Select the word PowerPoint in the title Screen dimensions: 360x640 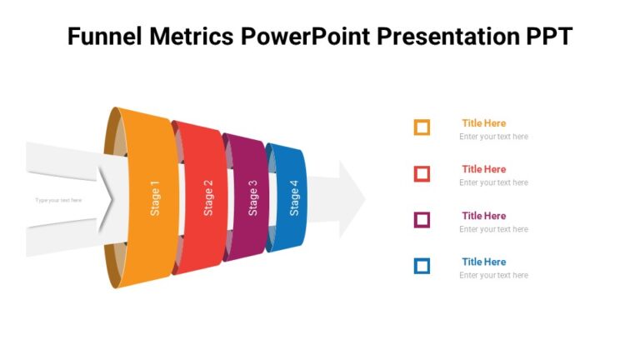coord(306,37)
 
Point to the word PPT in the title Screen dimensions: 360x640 coord(546,37)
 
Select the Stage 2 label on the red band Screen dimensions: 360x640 coord(208,198)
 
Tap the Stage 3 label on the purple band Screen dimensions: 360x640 coord(252,198)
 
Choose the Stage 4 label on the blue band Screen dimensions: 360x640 coord(293,198)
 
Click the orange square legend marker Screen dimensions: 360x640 coord(422,127)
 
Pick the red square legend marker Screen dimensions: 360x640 coord(422,173)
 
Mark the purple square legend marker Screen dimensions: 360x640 coord(422,220)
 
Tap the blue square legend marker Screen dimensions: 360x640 coord(422,266)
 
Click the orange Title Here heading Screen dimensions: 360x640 coord(483,123)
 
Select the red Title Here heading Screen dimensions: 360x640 coord(483,169)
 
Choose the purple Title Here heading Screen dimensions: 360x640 coord(483,216)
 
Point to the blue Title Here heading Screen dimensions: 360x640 coord(483,262)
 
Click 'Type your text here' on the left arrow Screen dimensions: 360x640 coord(58,200)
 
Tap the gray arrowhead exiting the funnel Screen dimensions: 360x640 coord(350,199)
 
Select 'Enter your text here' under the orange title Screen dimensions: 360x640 coord(493,137)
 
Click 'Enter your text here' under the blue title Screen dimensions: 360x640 coord(493,275)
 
